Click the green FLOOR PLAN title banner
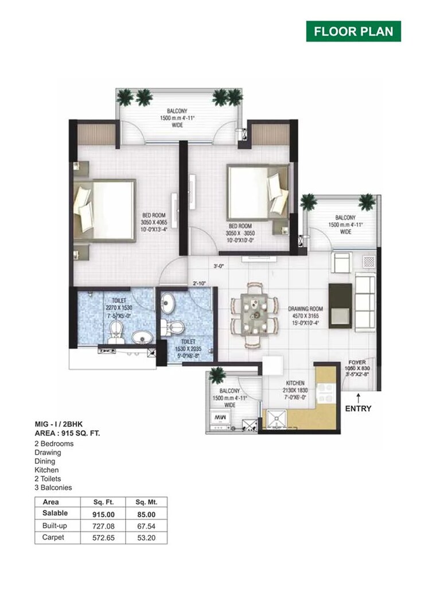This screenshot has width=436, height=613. pyautogui.click(x=353, y=31)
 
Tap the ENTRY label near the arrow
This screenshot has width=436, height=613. pyautogui.click(x=358, y=409)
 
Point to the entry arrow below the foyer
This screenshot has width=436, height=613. pyautogui.click(x=358, y=397)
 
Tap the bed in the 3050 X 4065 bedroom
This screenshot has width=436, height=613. pyautogui.click(x=106, y=205)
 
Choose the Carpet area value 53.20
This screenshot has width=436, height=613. pyautogui.click(x=146, y=538)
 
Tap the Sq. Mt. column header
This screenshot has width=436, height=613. pyautogui.click(x=146, y=502)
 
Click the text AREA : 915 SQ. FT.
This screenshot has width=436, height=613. pyautogui.click(x=68, y=433)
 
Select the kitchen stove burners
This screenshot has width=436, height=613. pyautogui.click(x=326, y=394)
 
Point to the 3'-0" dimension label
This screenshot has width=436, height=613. pyautogui.click(x=219, y=266)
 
